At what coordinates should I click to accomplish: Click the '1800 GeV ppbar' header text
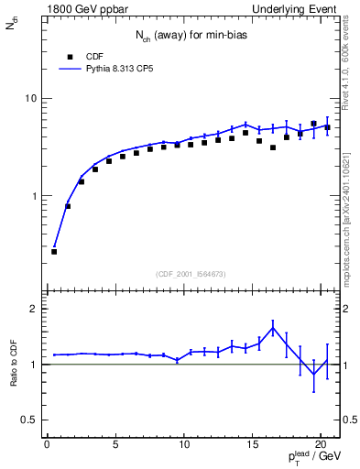[84, 9]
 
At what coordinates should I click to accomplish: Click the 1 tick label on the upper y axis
[32, 196]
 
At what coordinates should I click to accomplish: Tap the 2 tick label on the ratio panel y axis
[32, 309]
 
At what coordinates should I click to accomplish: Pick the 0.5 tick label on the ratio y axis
[27, 420]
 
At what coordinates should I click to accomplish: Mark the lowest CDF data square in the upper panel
[54, 251]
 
